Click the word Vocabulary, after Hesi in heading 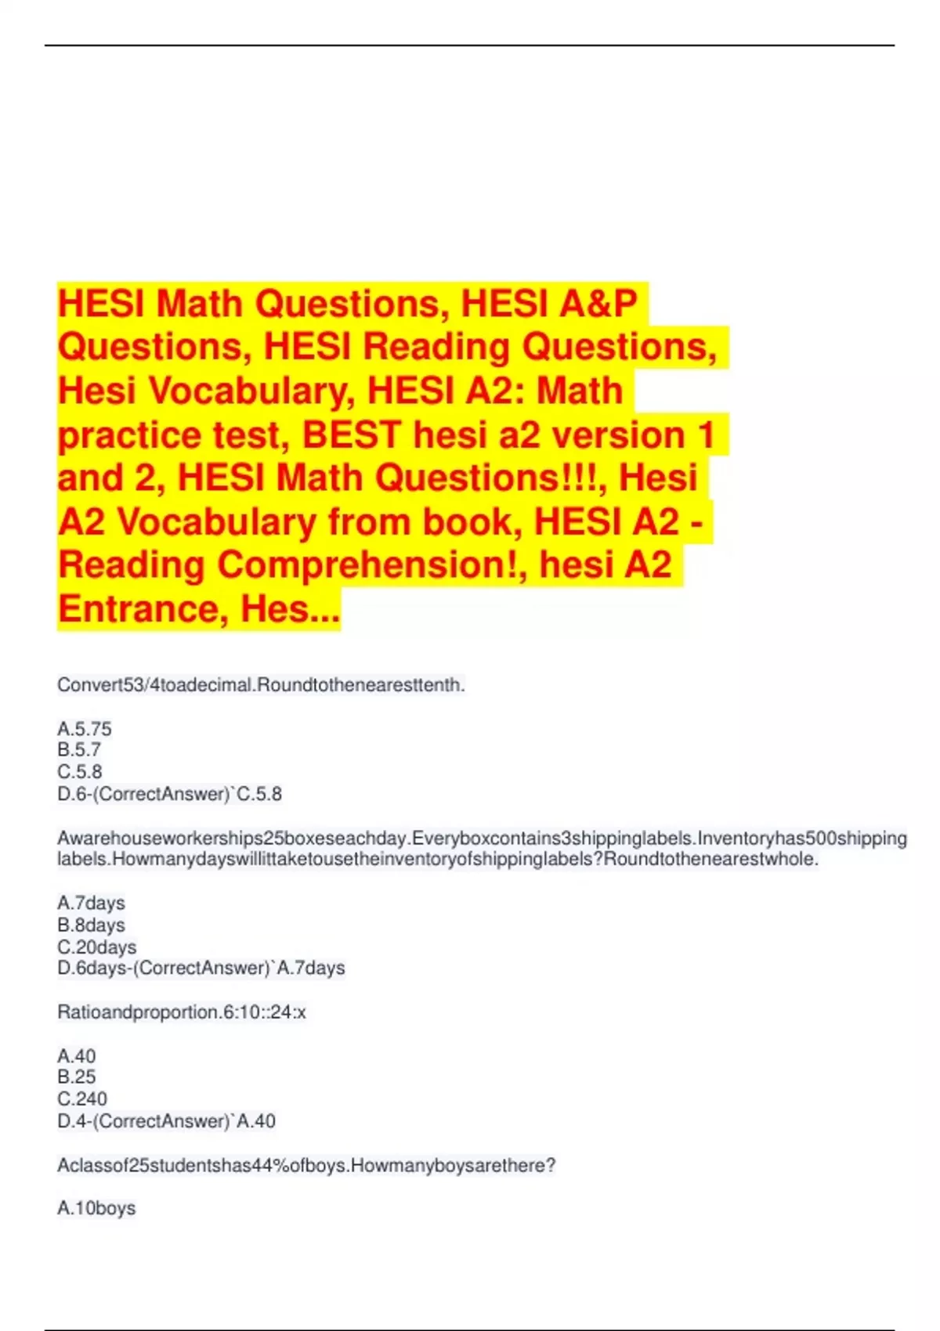[258, 391]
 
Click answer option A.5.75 [85, 729]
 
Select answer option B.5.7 [79, 750]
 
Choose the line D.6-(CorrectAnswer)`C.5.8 [169, 794]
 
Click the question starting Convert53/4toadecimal [261, 685]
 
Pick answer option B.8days [91, 925]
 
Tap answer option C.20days [96, 947]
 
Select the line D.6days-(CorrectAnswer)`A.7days [201, 968]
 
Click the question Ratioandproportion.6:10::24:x [181, 1012]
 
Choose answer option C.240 [82, 1099]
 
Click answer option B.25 [76, 1077]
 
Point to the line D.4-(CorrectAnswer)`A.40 [166, 1121]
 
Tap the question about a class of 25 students [305, 1166]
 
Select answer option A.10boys [96, 1209]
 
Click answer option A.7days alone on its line [91, 904]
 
